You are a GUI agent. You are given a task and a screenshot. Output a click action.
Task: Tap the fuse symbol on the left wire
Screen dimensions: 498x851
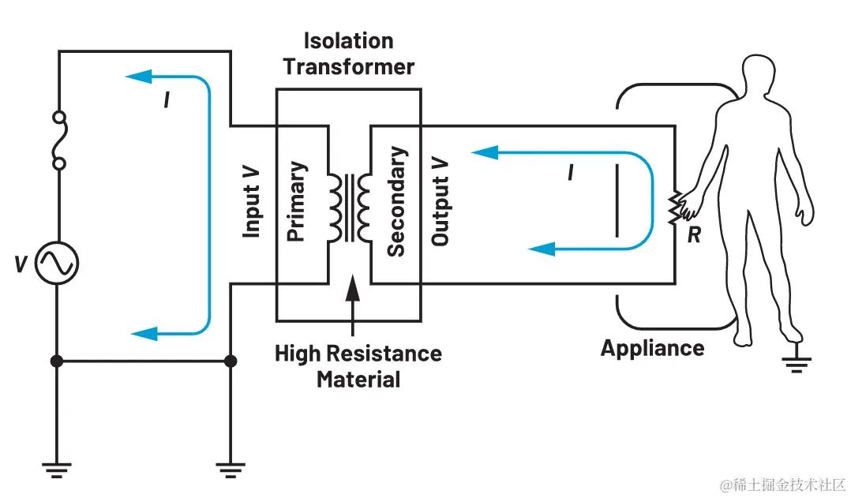click(57, 140)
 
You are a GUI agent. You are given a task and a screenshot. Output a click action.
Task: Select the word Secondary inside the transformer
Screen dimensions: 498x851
click(396, 202)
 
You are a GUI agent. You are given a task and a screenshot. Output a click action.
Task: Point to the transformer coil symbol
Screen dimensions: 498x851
click(347, 207)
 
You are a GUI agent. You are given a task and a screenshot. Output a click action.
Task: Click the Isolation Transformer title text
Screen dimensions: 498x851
click(348, 54)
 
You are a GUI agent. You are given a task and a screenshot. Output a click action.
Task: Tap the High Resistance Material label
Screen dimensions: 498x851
click(358, 365)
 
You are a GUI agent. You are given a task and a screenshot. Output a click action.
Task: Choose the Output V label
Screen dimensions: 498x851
click(440, 207)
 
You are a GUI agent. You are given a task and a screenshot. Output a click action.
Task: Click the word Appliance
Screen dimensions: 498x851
click(652, 348)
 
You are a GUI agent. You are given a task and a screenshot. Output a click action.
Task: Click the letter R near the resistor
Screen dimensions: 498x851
click(694, 235)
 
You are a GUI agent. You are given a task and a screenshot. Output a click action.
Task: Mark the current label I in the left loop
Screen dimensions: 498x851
click(167, 100)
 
